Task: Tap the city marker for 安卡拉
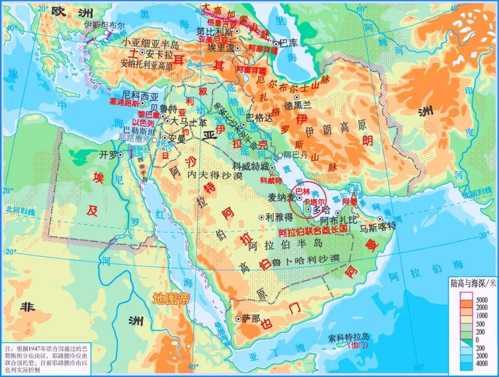[142, 53]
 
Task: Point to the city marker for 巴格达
[243, 118]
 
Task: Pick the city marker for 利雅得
[262, 217]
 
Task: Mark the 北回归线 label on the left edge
[20, 211]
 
